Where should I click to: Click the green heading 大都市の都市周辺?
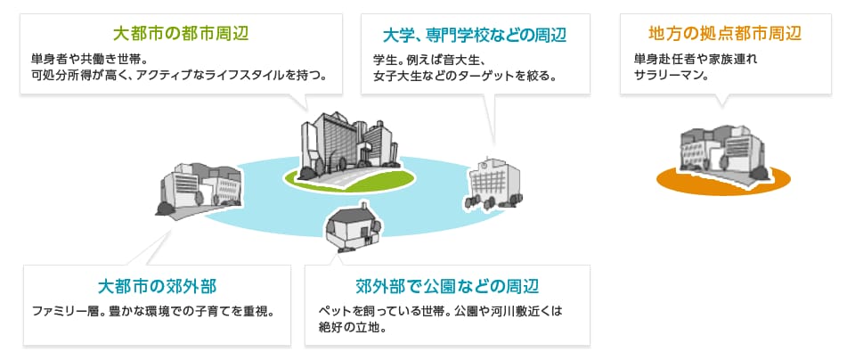(181, 35)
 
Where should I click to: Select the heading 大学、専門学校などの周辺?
(475, 36)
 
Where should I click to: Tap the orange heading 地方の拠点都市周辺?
(725, 34)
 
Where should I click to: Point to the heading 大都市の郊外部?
(157, 286)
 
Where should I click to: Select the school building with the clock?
(494, 184)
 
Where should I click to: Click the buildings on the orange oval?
(723, 151)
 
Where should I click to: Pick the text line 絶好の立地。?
(354, 328)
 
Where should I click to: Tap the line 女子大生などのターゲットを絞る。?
(465, 75)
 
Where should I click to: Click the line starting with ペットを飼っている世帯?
(440, 312)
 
